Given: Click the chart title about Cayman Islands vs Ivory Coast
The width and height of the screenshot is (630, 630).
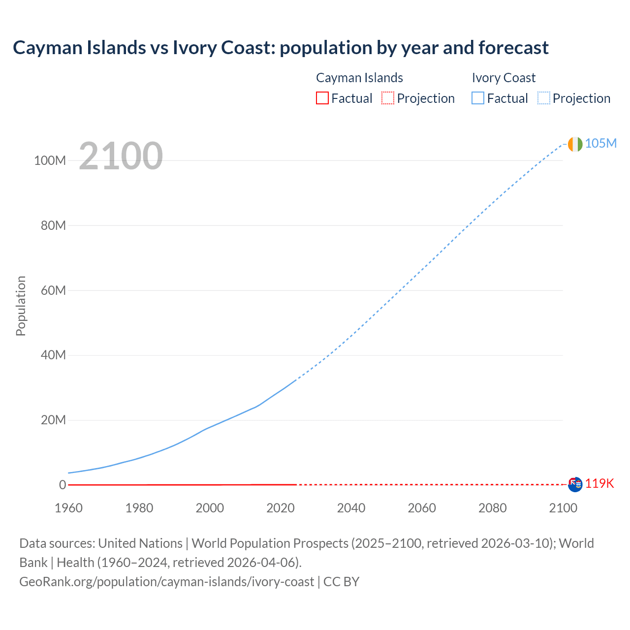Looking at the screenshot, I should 281,48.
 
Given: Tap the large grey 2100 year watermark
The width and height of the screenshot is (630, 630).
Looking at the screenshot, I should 121,156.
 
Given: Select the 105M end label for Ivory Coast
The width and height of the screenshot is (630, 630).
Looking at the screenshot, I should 600,143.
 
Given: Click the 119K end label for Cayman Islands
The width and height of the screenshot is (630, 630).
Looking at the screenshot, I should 599,483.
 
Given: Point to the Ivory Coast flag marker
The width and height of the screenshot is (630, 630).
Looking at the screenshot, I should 575,144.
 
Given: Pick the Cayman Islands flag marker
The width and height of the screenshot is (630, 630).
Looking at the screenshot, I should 575,484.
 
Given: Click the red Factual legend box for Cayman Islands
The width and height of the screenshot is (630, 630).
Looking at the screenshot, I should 322,98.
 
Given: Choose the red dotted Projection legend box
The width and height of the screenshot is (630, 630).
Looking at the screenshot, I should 388,98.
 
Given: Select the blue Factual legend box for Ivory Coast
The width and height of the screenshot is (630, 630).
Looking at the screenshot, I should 477,98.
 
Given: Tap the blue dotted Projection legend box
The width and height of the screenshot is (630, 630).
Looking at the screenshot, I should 543,98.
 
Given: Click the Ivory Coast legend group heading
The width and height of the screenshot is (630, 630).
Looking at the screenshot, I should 504,78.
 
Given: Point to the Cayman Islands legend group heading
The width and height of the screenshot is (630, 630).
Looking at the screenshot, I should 359,78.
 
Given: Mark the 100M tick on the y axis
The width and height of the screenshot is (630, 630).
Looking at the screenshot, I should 50,160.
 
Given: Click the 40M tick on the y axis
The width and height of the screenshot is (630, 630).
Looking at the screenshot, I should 53,355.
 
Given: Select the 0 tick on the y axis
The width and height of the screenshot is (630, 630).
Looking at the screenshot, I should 63,485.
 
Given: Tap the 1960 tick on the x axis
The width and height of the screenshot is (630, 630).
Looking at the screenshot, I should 69,508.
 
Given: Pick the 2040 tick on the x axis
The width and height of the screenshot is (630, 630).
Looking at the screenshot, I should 351,508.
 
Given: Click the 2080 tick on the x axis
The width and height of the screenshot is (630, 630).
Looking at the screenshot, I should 492,508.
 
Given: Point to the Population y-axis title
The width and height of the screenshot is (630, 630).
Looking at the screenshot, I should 21,306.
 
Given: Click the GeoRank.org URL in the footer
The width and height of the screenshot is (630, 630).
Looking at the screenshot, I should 166,582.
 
